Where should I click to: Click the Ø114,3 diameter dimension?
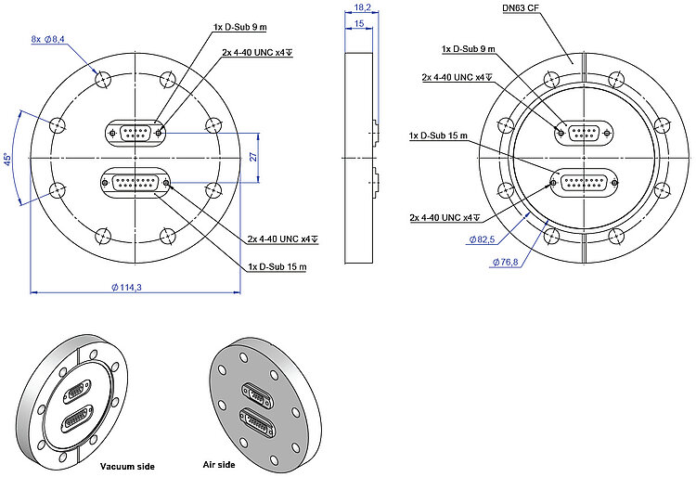coord(126,288)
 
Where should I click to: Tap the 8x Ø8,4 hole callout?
coord(47,39)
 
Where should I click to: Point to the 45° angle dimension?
coord(7,160)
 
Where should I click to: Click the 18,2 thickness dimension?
coord(363,7)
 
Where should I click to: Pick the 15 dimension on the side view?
coord(357,24)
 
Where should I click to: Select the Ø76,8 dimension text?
coord(507,262)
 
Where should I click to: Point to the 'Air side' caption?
coord(219,463)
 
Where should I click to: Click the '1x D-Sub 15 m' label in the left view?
coord(278,267)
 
